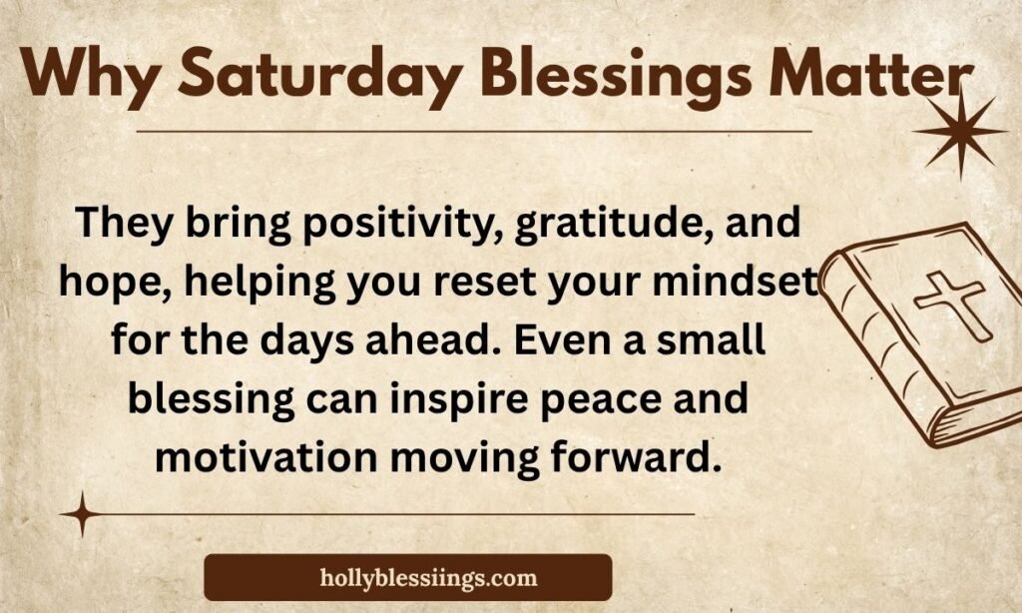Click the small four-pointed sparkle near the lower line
(82, 514)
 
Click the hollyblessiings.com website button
(407, 577)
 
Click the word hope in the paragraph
(104, 284)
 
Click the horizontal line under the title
(473, 131)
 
